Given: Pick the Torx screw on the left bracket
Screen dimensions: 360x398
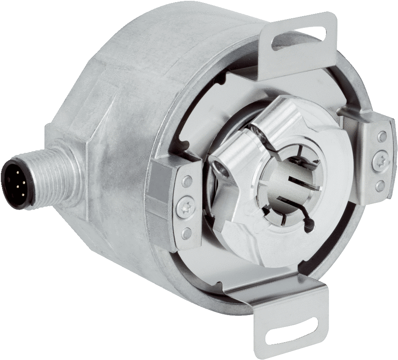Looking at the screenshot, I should tap(185, 207).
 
